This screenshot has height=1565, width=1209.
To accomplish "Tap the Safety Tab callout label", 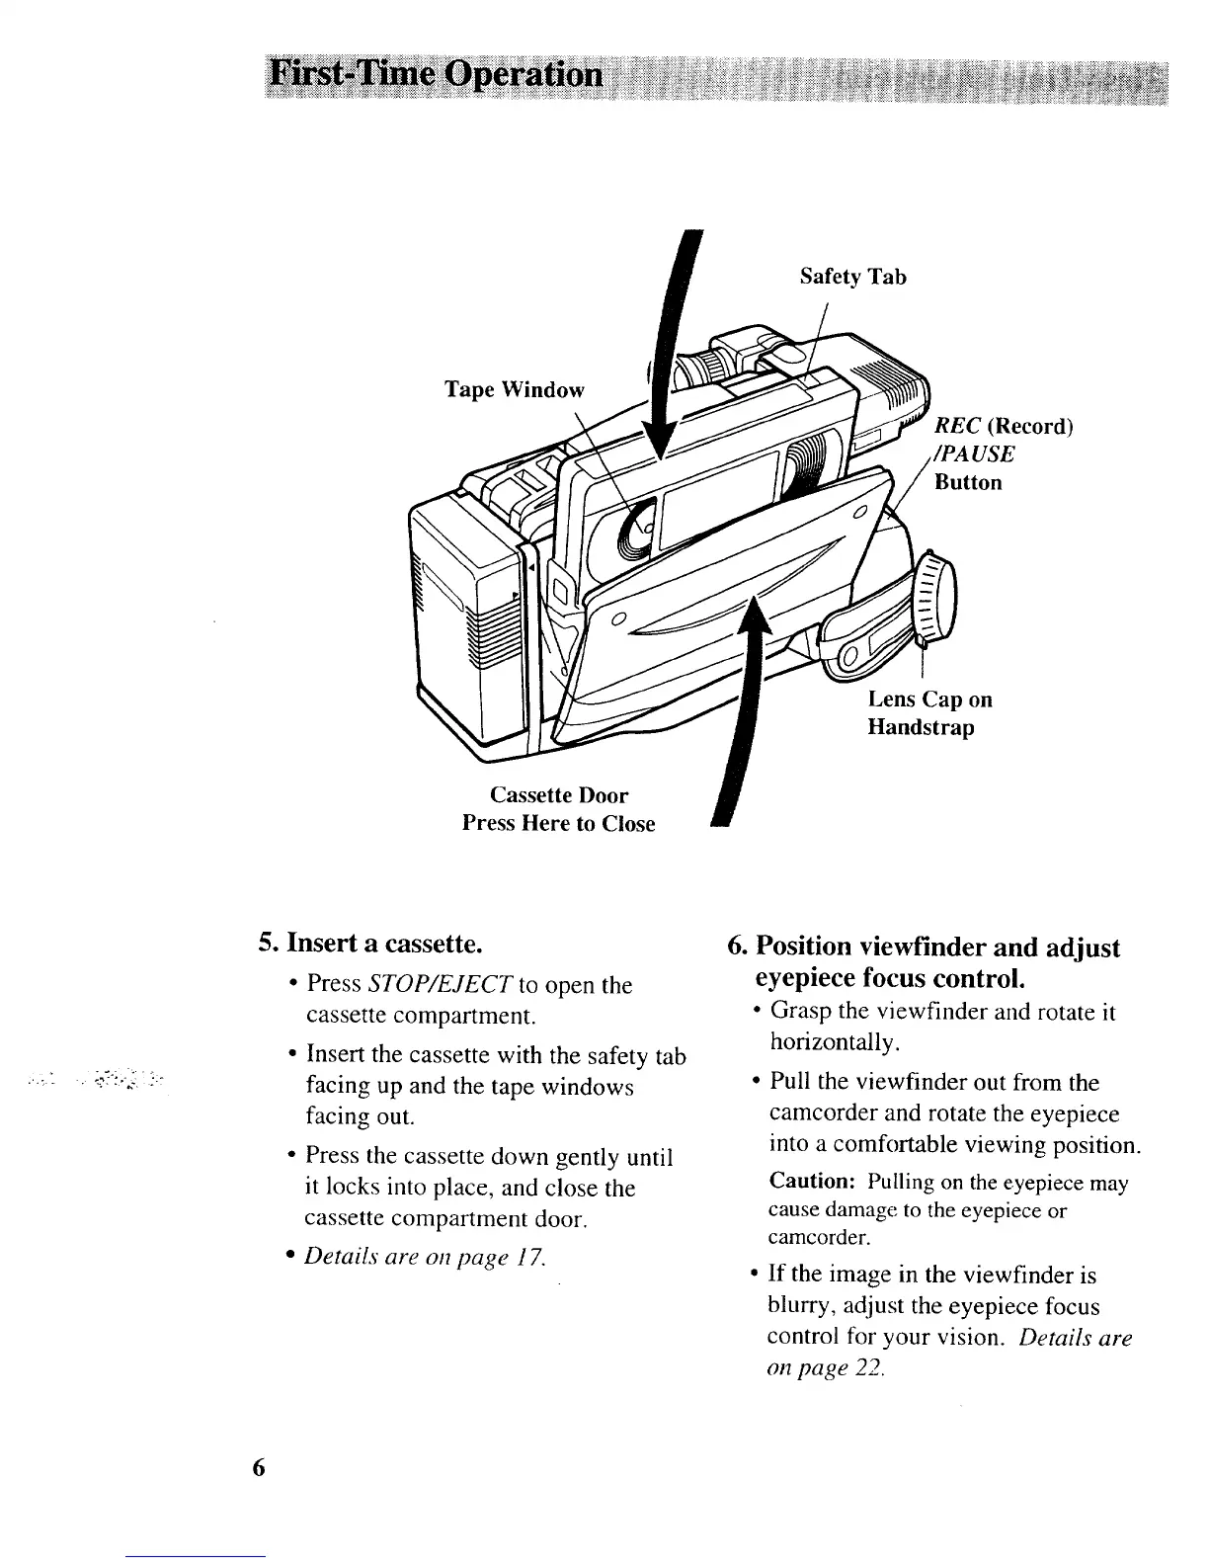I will (852, 277).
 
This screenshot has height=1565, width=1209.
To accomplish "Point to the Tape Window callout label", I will (514, 389).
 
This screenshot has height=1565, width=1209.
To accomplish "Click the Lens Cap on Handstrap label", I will (929, 713).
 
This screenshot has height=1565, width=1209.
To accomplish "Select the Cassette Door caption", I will (559, 795).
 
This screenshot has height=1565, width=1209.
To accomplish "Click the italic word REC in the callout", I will (955, 426).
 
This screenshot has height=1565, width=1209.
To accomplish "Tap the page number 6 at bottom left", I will (259, 1467).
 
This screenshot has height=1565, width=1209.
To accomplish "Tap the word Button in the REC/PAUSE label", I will (968, 482).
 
